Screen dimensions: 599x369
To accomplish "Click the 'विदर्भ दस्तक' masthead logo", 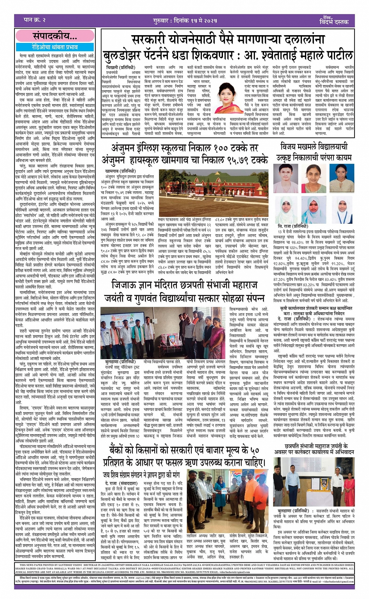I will click(x=335, y=21).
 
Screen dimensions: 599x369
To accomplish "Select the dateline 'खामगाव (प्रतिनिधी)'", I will click(x=120, y=171).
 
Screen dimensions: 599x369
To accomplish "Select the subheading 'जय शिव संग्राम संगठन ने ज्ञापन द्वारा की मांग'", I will click(x=141, y=475).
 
